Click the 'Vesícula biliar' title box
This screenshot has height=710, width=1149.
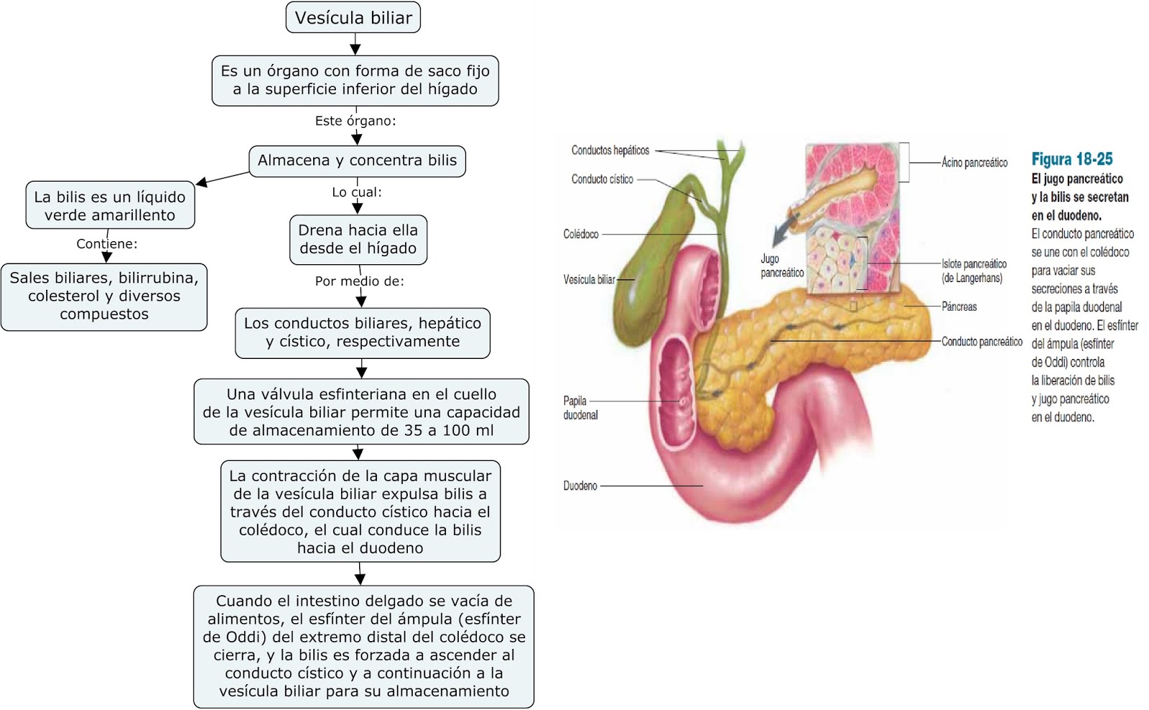tap(353, 18)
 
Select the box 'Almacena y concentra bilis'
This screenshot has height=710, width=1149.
tap(357, 160)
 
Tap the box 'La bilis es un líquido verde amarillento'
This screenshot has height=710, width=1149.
tap(110, 205)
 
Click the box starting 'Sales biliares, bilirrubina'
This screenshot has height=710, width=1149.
tap(104, 296)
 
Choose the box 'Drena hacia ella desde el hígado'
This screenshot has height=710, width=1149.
tap(358, 239)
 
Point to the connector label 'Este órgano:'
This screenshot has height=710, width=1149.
tap(355, 121)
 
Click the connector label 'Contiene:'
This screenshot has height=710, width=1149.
tap(107, 243)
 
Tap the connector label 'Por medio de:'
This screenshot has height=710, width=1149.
tap(359, 281)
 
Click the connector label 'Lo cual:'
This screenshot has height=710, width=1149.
tap(357, 192)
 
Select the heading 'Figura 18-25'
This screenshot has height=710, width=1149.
tap(1071, 159)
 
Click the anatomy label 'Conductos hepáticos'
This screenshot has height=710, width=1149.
tap(610, 150)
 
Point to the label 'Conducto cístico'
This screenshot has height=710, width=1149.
tap(602, 179)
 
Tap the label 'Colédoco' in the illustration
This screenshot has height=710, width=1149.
tap(580, 234)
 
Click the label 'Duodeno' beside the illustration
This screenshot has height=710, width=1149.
tap(580, 486)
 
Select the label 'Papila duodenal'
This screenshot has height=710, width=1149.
tap(580, 408)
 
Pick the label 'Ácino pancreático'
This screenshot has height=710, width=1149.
tap(974, 163)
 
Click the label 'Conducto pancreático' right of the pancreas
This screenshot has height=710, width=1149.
tap(982, 342)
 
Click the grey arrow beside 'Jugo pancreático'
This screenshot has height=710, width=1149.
tap(782, 230)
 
